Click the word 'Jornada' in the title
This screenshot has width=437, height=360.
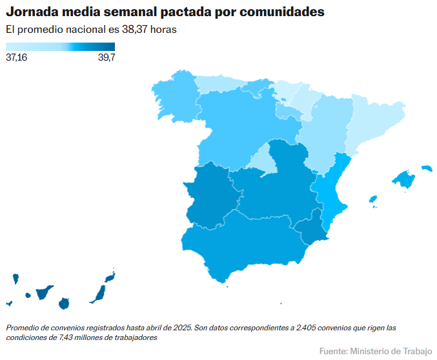[x=33, y=12]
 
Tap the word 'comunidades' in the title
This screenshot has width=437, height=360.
[x=279, y=12]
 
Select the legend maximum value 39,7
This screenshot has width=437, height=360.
[x=106, y=57]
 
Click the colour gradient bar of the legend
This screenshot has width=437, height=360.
[x=60, y=46]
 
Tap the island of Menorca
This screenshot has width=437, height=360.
[x=427, y=168]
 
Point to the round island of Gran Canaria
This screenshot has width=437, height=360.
[x=63, y=303]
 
